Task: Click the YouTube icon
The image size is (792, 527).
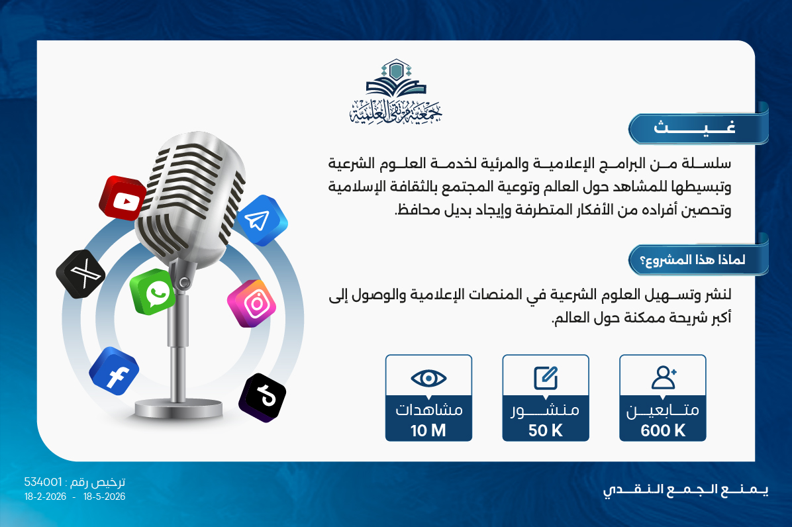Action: click(x=123, y=199)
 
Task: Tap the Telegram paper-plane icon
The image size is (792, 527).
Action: click(x=261, y=220)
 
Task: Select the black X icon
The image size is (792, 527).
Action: click(x=80, y=273)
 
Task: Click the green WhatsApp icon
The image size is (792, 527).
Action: click(x=152, y=292)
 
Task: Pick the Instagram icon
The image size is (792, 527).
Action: click(x=252, y=303)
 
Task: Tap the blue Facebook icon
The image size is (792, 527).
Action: click(x=114, y=371)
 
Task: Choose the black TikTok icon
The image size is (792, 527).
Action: click(x=262, y=398)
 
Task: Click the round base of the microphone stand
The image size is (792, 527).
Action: click(x=177, y=407)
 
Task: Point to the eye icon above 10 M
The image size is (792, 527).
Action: click(x=428, y=378)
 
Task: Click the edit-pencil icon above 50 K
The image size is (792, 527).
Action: click(x=546, y=378)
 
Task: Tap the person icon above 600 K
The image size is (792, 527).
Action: click(x=663, y=377)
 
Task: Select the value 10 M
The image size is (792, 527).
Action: click(x=428, y=430)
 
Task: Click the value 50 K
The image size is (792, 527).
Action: click(x=546, y=430)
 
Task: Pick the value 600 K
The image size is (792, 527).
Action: click(x=663, y=430)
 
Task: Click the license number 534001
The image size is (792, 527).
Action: click(x=43, y=482)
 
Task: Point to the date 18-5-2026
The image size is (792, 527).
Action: click(x=104, y=497)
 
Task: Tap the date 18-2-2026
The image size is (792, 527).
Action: click(x=45, y=497)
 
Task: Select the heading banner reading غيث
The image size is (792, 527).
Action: click(x=699, y=128)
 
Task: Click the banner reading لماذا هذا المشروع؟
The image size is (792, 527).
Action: click(x=699, y=259)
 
